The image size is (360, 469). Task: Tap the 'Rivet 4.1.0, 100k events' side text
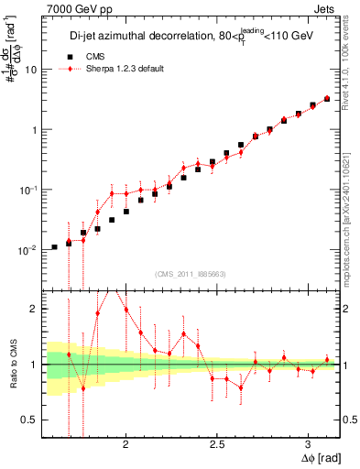[x=352, y=73]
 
